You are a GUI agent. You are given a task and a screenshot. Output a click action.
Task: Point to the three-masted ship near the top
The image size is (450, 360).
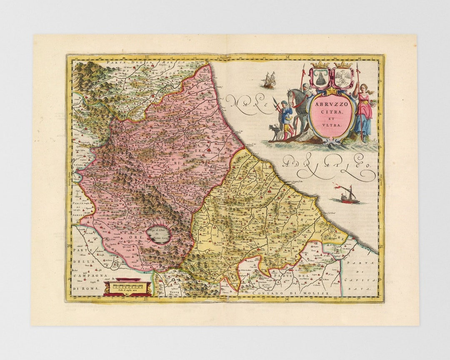click(269, 80)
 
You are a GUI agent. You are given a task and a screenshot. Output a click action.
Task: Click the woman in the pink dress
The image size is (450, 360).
click(364, 110)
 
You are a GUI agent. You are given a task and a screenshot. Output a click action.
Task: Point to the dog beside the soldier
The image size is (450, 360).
click(275, 131)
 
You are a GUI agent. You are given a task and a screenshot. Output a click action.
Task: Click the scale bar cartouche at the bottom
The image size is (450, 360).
click(127, 287)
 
